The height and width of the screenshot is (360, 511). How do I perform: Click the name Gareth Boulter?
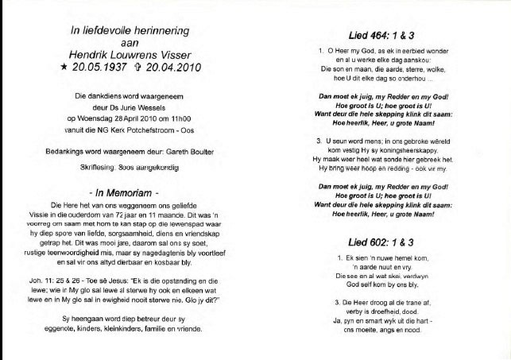194,149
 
